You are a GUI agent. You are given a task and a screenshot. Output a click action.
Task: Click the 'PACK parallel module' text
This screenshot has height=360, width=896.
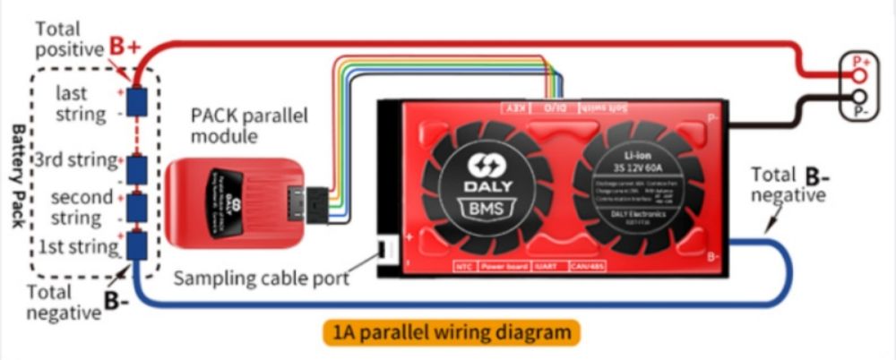248,126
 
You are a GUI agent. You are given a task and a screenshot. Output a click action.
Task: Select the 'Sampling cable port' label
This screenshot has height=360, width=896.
262,279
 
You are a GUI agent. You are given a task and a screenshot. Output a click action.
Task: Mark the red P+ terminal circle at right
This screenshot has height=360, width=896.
859,76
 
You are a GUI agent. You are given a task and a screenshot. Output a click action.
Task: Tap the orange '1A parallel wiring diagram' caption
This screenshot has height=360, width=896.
452,333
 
